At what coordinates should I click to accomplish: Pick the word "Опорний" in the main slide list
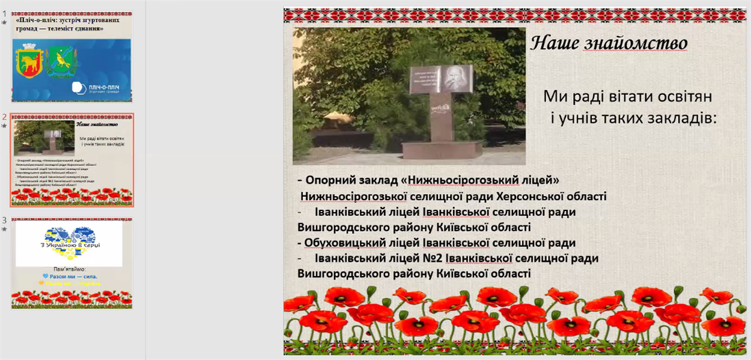tap(332, 180)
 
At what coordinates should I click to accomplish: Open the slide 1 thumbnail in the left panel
tap(72, 57)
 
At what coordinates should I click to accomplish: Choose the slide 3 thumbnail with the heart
tap(72, 263)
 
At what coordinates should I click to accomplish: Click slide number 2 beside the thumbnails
tap(4, 117)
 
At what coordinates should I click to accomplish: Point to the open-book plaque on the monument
tap(440, 79)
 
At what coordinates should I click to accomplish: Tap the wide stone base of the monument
tap(441, 149)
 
